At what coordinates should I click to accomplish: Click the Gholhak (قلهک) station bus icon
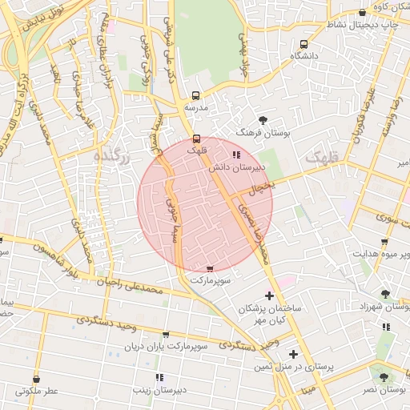pyautogui.click(x=197, y=138)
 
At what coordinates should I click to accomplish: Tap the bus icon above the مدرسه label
pyautogui.click(x=196, y=94)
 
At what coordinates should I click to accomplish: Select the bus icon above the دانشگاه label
pyautogui.click(x=303, y=45)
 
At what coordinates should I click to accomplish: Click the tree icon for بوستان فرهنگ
pyautogui.click(x=263, y=119)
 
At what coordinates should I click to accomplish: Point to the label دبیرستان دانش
pyautogui.click(x=235, y=168)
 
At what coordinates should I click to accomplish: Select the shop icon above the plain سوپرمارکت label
pyautogui.click(x=210, y=269)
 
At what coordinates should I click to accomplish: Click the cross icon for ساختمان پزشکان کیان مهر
pyautogui.click(x=268, y=295)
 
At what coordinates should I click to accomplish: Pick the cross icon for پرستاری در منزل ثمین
pyautogui.click(x=294, y=354)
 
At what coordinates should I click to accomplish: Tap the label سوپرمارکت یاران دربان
pyautogui.click(x=165, y=347)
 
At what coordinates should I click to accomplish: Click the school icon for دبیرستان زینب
pyautogui.click(x=159, y=377)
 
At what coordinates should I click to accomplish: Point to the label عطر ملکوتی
pyautogui.click(x=37, y=392)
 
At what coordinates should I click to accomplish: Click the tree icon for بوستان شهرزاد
pyautogui.click(x=386, y=295)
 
